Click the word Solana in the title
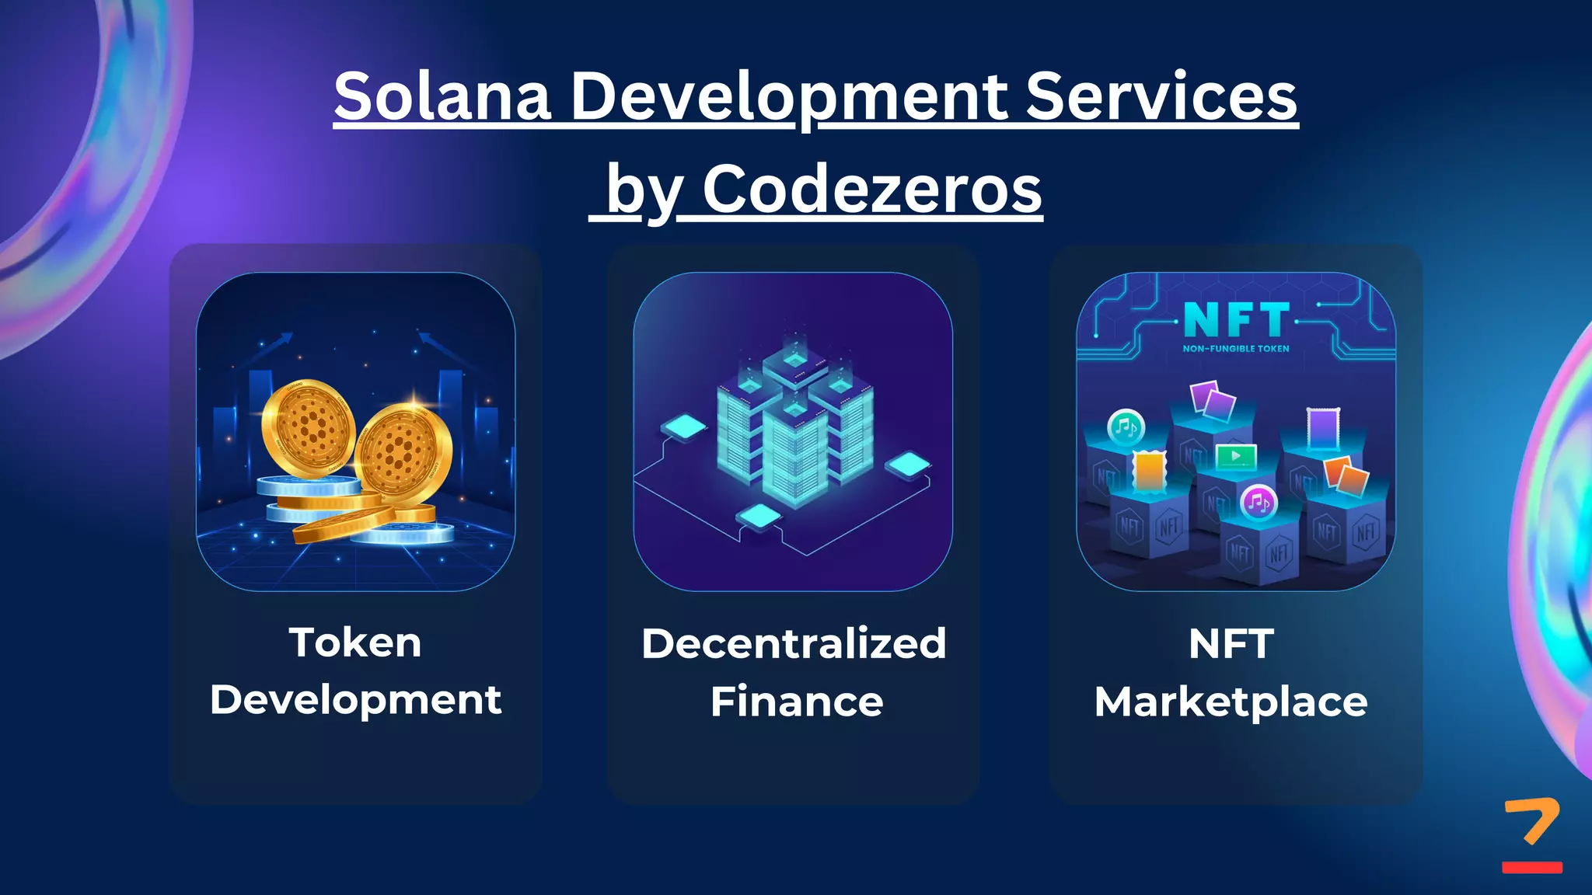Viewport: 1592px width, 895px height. point(442,96)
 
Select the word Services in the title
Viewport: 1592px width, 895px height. point(1161,96)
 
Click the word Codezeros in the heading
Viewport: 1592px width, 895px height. point(872,190)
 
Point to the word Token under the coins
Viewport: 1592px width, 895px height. point(355,643)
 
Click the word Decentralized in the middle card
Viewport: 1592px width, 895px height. point(794,644)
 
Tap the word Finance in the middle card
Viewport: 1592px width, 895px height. point(797,702)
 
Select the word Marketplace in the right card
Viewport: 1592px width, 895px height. point(1231,702)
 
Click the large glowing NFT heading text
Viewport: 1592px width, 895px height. point(1236,319)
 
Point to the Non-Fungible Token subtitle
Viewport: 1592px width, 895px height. point(1236,349)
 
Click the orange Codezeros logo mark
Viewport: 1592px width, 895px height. point(1532,820)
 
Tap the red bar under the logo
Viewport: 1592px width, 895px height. point(1532,867)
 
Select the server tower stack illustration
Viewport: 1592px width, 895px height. point(794,423)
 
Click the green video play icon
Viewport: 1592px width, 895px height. point(1235,456)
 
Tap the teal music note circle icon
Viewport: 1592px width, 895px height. point(1126,427)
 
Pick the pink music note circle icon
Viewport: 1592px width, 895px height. point(1258,503)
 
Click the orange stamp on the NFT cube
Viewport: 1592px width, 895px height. point(1150,471)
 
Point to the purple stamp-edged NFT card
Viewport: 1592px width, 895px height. point(1323,428)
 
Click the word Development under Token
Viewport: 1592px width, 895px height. point(355,700)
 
